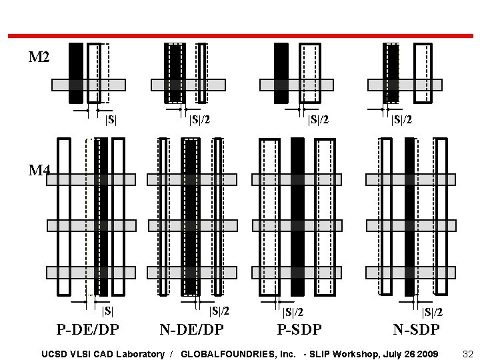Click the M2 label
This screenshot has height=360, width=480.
point(39,57)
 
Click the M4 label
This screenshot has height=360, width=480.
point(39,170)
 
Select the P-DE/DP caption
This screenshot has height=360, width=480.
point(88,329)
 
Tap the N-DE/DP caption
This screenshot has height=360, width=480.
point(191,329)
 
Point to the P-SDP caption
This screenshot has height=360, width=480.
point(299,329)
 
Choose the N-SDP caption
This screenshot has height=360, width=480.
point(416,329)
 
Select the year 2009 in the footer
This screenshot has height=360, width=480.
point(427,353)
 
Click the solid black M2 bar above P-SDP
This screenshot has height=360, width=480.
point(281,73)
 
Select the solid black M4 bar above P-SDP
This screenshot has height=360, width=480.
point(297,216)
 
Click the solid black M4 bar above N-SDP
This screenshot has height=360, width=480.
point(409,216)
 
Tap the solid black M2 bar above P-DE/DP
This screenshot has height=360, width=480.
point(76,73)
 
